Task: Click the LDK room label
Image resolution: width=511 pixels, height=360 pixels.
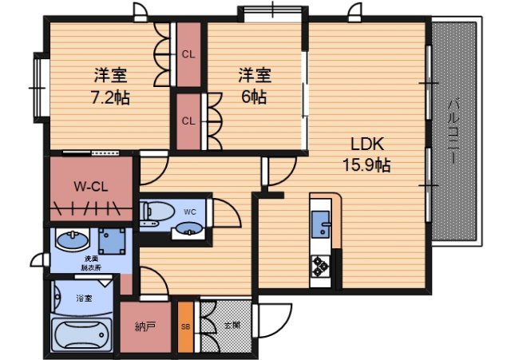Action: tap(368, 144)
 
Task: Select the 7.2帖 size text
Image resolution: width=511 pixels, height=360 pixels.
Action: tap(110, 98)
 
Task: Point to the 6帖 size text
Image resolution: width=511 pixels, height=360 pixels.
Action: tap(255, 97)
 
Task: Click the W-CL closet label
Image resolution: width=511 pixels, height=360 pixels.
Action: tap(90, 188)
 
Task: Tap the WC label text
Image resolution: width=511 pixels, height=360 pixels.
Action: tap(190, 212)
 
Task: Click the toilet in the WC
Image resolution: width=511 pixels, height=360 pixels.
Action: tap(157, 212)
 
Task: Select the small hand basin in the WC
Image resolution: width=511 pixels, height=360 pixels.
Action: tap(188, 230)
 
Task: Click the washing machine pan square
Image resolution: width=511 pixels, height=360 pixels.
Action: tap(113, 240)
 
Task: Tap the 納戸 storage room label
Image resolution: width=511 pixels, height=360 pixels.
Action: tap(145, 326)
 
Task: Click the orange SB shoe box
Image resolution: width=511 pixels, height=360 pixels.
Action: tap(185, 326)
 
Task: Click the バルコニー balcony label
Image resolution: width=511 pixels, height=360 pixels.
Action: tap(452, 132)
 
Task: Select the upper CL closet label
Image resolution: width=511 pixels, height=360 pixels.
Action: tap(188, 54)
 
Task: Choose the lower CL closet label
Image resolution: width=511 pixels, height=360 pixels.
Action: tap(188, 121)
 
